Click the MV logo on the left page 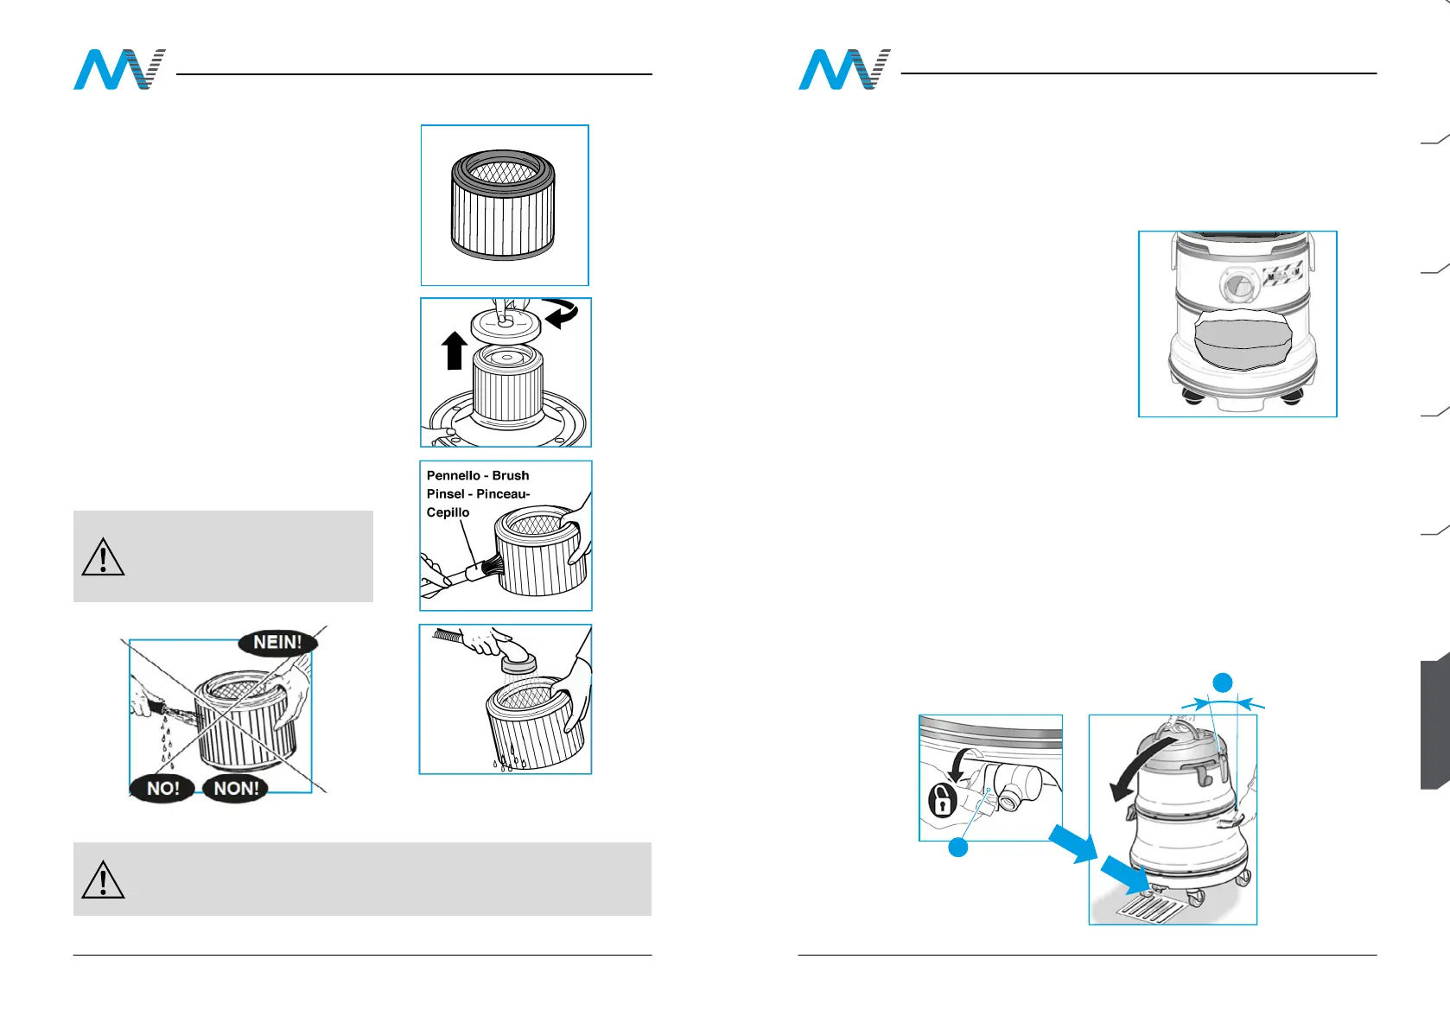pyautogui.click(x=118, y=70)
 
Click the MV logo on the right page pyautogui.click(x=843, y=70)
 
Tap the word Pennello pyautogui.click(x=453, y=476)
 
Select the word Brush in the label pyautogui.click(x=511, y=476)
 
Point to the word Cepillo pyautogui.click(x=448, y=512)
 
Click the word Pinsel pyautogui.click(x=445, y=494)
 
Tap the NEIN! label pyautogui.click(x=277, y=643)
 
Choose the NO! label pyautogui.click(x=162, y=788)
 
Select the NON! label pyautogui.click(x=236, y=788)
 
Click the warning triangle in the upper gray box pyautogui.click(x=103, y=557)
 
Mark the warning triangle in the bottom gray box pyautogui.click(x=103, y=880)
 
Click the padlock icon pyautogui.click(x=942, y=800)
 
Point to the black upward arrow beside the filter pyautogui.click(x=455, y=351)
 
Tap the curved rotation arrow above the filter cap pyautogui.click(x=562, y=313)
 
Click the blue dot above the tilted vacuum pyautogui.click(x=1222, y=683)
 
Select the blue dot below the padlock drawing pyautogui.click(x=957, y=848)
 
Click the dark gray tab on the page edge pyautogui.click(x=1434, y=721)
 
